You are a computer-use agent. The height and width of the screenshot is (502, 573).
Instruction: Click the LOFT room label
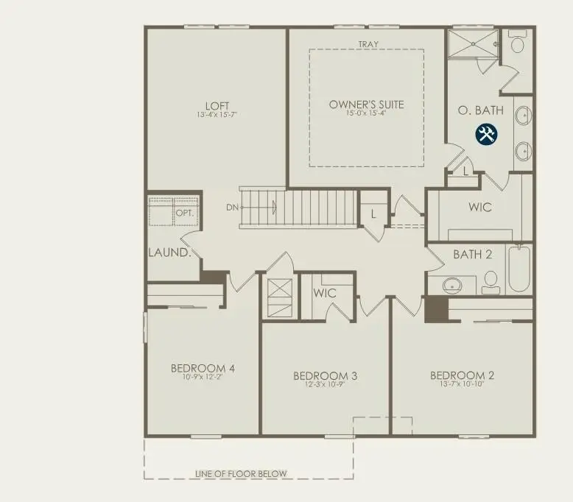[x=217, y=105]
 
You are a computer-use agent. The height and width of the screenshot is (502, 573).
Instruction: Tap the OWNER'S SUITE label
[x=366, y=104]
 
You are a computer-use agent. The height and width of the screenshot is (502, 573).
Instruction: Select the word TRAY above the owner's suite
[x=368, y=44]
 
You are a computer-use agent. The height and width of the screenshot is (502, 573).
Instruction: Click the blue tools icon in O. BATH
[x=487, y=134]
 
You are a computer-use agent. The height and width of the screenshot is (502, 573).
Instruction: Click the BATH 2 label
[x=472, y=255]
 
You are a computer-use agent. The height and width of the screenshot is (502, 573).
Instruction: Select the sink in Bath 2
[x=450, y=285]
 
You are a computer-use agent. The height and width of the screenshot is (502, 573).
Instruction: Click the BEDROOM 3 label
[x=325, y=375]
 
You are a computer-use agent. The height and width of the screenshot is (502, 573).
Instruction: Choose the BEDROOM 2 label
[x=462, y=375]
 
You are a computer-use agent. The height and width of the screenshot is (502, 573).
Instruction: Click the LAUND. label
[x=169, y=252]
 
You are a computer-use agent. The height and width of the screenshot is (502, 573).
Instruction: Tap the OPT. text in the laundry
[x=184, y=213]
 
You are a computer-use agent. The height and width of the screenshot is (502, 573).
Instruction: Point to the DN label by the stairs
[x=232, y=208]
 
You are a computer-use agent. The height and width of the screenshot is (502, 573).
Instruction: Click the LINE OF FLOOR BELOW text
[x=241, y=473]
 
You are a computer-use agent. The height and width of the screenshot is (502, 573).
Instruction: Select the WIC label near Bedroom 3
[x=325, y=292]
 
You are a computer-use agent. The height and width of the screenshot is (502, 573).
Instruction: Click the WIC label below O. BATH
[x=480, y=207]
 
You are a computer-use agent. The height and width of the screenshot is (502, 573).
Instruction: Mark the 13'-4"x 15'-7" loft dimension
[x=217, y=114]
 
